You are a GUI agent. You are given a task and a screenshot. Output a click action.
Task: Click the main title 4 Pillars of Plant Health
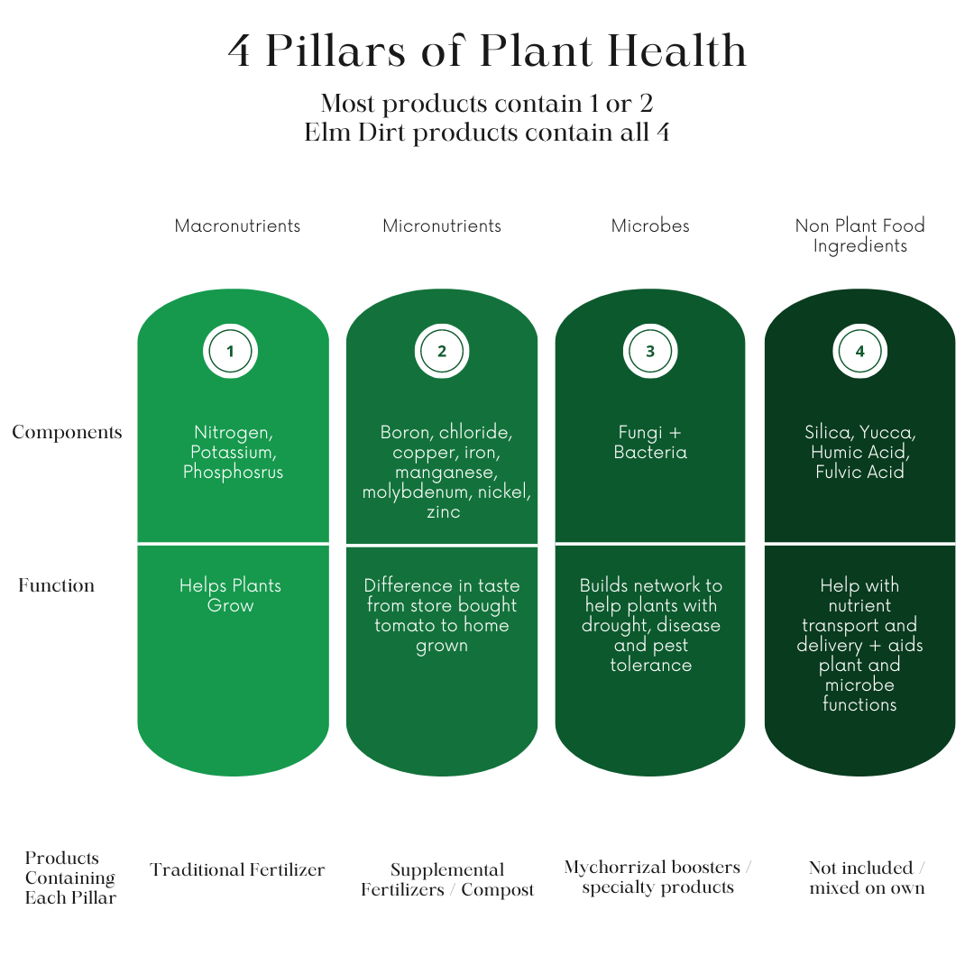click(487, 51)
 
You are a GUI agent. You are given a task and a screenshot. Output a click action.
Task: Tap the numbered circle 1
click(231, 352)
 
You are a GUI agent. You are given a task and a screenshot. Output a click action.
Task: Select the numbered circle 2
click(442, 352)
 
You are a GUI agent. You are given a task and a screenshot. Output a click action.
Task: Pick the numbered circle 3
click(650, 352)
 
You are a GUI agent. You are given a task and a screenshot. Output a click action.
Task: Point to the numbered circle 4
click(859, 352)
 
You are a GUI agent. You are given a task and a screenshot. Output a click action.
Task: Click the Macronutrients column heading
click(237, 226)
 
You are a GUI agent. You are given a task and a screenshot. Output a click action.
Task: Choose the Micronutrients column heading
click(442, 226)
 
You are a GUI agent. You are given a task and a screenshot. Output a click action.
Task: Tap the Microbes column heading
click(650, 226)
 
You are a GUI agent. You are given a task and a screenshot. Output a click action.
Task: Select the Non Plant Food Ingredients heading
click(859, 235)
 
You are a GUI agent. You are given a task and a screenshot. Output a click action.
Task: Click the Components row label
click(67, 433)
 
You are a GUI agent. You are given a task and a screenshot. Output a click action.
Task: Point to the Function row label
click(56, 586)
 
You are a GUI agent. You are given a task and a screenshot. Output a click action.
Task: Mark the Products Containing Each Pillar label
click(70, 878)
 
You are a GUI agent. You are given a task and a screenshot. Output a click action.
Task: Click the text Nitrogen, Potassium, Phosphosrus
click(233, 452)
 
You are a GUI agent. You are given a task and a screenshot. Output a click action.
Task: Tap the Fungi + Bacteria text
click(650, 442)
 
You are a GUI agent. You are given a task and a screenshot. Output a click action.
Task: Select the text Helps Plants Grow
click(231, 595)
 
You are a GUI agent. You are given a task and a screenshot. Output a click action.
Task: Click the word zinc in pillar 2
click(443, 512)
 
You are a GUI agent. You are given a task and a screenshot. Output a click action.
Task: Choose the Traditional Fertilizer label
click(237, 870)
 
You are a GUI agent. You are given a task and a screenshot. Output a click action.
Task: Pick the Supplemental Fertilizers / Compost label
click(447, 880)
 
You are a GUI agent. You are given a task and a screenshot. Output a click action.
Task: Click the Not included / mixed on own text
click(867, 878)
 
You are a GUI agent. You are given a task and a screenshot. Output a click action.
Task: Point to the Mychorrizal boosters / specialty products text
click(657, 878)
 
